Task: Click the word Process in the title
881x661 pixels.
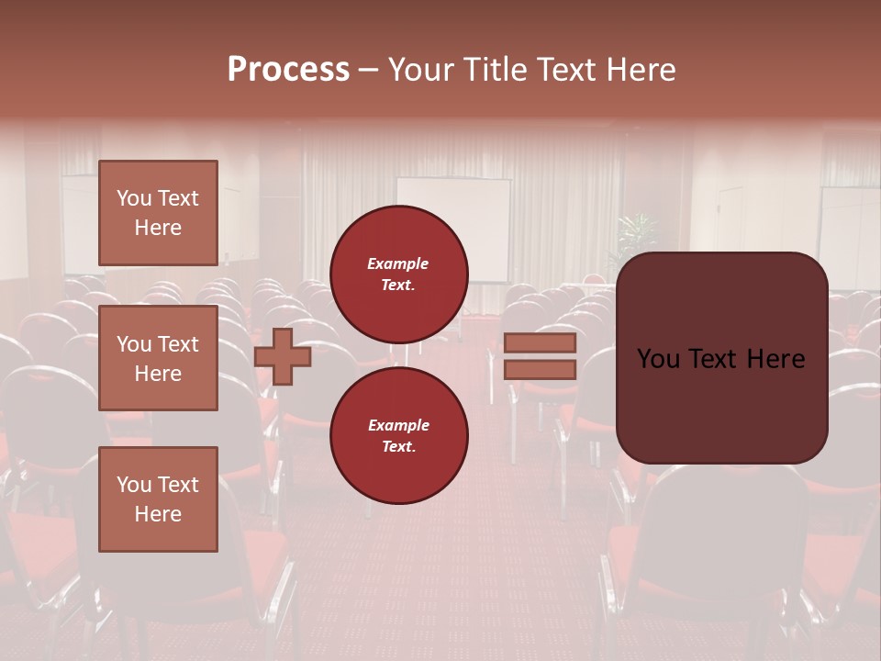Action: pyautogui.click(x=288, y=70)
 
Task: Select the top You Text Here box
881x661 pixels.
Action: pyautogui.click(x=158, y=213)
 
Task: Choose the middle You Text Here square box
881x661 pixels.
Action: pyautogui.click(x=158, y=358)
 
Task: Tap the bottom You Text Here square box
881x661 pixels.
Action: pyautogui.click(x=158, y=499)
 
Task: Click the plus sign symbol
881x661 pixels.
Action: pyautogui.click(x=283, y=356)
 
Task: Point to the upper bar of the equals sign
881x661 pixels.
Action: pyautogui.click(x=540, y=343)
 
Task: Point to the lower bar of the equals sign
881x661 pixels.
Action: pyautogui.click(x=540, y=369)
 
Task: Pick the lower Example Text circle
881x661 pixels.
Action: pyautogui.click(x=398, y=435)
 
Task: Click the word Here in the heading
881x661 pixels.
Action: pyautogui.click(x=639, y=70)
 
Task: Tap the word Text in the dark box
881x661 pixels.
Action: pyautogui.click(x=719, y=359)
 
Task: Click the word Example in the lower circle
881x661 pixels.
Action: pyautogui.click(x=398, y=425)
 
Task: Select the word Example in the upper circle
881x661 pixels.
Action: pyautogui.click(x=398, y=263)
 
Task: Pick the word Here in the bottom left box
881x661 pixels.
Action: pyautogui.click(x=158, y=514)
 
